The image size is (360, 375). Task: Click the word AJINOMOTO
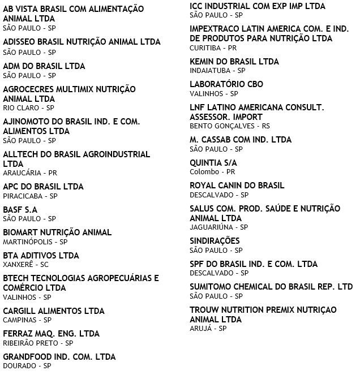pos(25,122)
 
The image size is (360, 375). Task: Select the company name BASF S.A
pos(20,209)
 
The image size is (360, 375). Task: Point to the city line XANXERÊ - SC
pos(25,264)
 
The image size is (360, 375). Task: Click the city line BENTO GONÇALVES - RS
pos(230,126)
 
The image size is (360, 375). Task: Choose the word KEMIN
pos(203,62)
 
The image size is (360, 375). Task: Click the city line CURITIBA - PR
pos(213,48)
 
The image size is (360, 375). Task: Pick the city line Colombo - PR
pos(212,172)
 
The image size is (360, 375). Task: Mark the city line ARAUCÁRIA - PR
pos(30,173)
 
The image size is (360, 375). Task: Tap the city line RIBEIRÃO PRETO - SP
pos(38,343)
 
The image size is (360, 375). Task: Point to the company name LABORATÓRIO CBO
pos(226,84)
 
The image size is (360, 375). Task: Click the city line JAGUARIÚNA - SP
pos(218,227)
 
